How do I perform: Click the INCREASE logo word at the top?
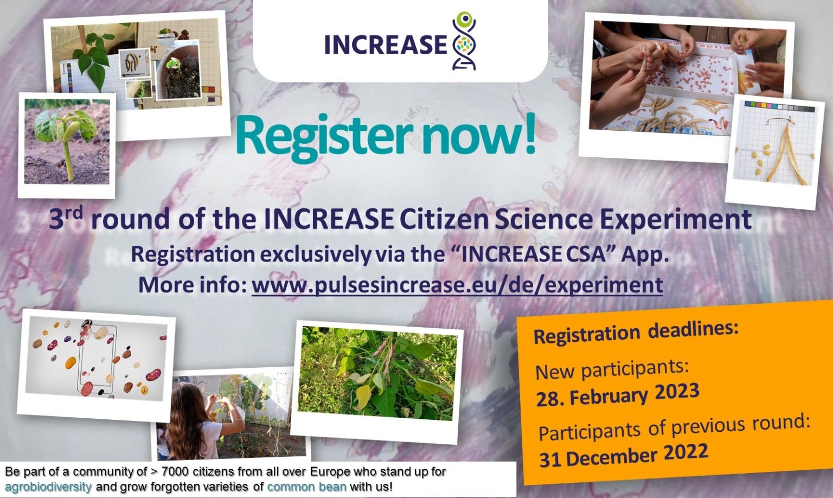[x=386, y=44]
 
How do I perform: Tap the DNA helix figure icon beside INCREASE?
[x=464, y=41]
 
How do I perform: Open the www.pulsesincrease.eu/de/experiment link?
[x=457, y=285]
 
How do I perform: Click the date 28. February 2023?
[x=618, y=394]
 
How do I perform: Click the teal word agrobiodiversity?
[x=48, y=487]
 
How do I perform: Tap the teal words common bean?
[x=307, y=487]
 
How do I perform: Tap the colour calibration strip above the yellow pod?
[x=779, y=106]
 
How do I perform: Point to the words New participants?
[x=612, y=368]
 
